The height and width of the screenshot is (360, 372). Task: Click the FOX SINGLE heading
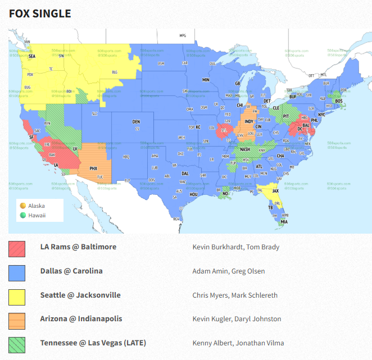(40, 13)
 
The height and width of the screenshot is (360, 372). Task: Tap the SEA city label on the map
(31, 56)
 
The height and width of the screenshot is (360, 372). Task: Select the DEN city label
(136, 121)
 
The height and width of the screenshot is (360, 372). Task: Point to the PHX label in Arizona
(94, 167)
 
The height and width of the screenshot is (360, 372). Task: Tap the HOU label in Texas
(194, 194)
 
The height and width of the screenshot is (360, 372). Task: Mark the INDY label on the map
(248, 121)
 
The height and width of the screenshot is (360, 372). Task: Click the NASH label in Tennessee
(245, 149)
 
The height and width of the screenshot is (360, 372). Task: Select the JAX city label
(275, 190)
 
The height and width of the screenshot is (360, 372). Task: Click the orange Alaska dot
(22, 206)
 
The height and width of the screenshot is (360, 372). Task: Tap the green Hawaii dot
(22, 215)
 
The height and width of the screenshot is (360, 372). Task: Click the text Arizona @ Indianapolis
(81, 319)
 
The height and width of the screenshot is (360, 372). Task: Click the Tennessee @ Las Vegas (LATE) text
(93, 343)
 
